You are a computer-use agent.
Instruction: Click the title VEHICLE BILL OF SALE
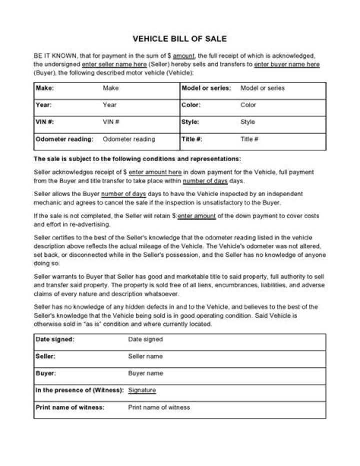(x=179, y=39)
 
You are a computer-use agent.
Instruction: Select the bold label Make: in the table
(x=45, y=88)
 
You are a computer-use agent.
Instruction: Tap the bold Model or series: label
(x=206, y=88)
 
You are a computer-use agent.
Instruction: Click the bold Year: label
(x=44, y=105)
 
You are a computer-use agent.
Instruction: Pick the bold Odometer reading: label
(x=64, y=139)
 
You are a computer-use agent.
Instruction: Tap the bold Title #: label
(x=192, y=139)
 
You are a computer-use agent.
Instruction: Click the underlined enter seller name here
(x=114, y=65)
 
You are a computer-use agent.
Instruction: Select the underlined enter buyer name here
(x=287, y=65)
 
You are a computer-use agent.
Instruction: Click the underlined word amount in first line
(x=183, y=57)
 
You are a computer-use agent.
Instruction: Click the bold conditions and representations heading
(x=137, y=159)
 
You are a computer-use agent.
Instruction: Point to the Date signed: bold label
(x=55, y=339)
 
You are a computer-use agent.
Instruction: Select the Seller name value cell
(x=145, y=356)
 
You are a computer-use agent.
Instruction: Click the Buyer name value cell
(x=145, y=373)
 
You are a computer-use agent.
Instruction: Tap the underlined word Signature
(x=142, y=390)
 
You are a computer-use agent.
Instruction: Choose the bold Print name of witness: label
(x=70, y=407)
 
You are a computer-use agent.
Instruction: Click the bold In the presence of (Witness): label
(x=79, y=390)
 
